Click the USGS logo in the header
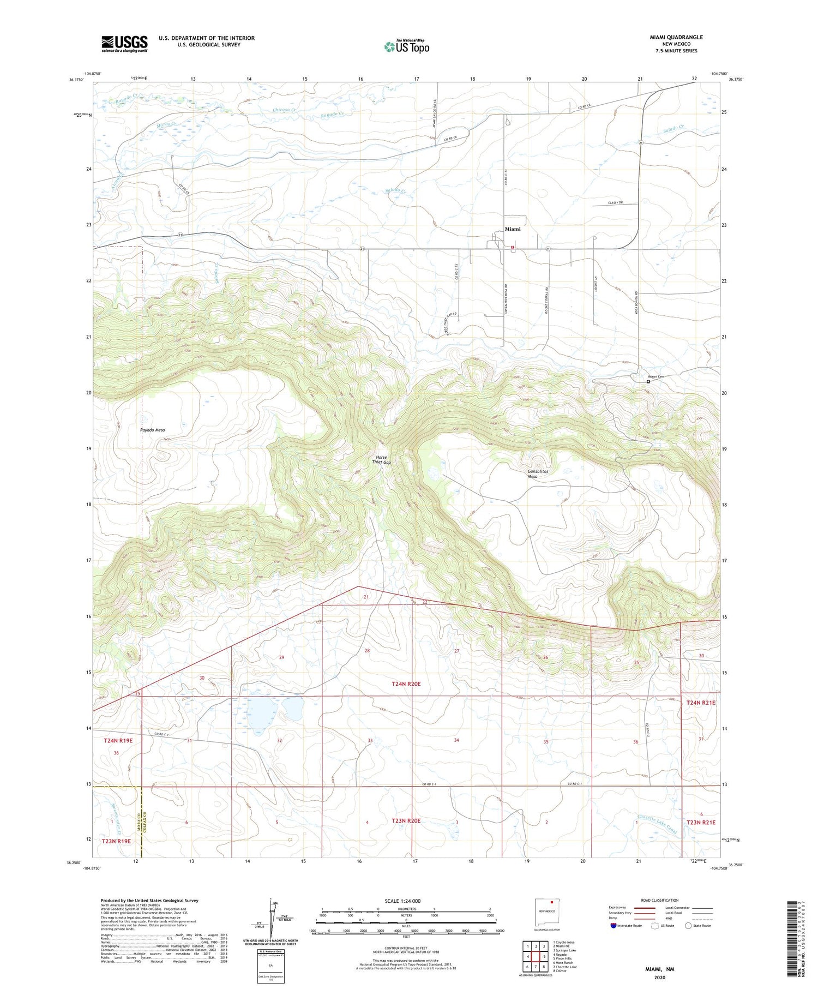click(x=124, y=44)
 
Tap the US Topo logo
click(x=406, y=47)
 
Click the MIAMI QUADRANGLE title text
click(x=676, y=37)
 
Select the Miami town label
click(x=512, y=229)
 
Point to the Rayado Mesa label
click(x=152, y=430)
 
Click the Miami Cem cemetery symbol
click(x=648, y=381)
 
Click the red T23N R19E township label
click(x=117, y=841)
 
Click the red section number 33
click(x=370, y=740)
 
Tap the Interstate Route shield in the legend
click(x=613, y=926)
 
